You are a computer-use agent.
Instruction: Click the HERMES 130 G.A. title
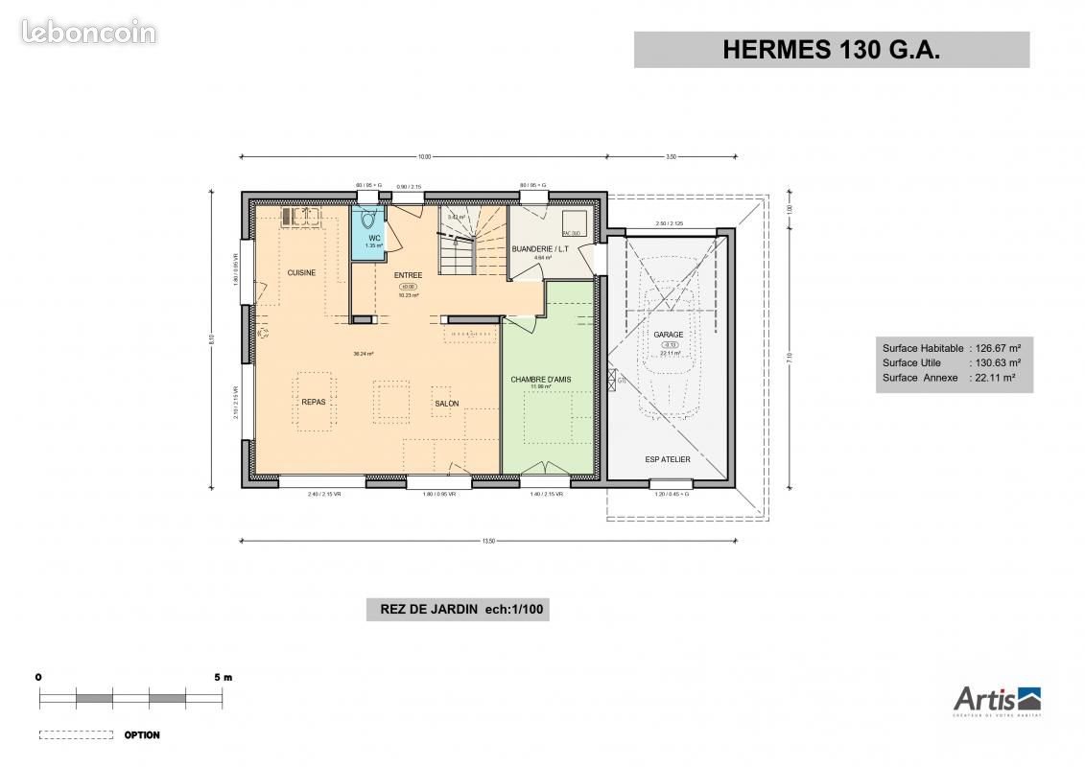coord(831,51)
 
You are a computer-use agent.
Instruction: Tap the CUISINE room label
coord(301,273)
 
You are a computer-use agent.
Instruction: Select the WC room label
coord(374,238)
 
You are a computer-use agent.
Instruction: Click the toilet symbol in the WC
coord(367,220)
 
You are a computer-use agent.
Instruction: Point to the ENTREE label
coord(408,275)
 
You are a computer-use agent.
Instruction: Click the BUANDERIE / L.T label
coord(540,249)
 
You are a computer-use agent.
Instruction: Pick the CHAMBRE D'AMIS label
coord(540,380)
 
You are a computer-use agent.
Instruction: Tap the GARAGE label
coord(669,335)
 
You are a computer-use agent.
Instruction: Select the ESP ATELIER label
coord(668,459)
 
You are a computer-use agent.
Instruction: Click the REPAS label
coord(314,403)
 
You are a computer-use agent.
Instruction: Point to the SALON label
coord(446,404)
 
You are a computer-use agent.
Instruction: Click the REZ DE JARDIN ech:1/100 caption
coord(458,609)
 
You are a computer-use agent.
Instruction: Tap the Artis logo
coord(997,701)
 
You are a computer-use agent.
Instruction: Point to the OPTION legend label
coord(142,735)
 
